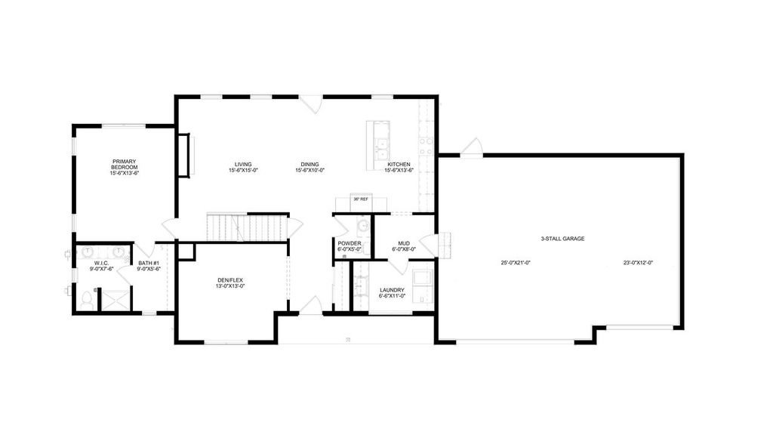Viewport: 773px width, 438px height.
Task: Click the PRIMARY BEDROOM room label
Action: click(x=125, y=164)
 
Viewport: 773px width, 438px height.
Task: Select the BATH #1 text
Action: click(x=147, y=264)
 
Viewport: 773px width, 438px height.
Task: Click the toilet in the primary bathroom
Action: click(x=88, y=301)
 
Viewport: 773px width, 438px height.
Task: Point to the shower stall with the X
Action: click(x=115, y=299)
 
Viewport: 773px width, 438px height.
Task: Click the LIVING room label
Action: click(x=243, y=164)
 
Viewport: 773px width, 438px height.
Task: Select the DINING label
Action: click(x=310, y=164)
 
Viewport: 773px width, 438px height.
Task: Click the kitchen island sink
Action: click(x=382, y=143)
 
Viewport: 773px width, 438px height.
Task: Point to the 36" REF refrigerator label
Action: click(x=360, y=199)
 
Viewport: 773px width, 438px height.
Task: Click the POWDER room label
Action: click(x=350, y=242)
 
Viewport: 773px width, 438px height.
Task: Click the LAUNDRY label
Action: click(x=392, y=290)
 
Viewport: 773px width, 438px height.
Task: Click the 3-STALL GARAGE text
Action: click(x=562, y=239)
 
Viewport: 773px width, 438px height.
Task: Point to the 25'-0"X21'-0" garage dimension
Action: click(x=516, y=263)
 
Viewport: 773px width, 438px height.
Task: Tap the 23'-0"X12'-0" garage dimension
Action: click(x=638, y=263)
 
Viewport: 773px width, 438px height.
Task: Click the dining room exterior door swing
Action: click(x=313, y=104)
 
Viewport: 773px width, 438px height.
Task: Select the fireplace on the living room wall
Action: click(x=184, y=155)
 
